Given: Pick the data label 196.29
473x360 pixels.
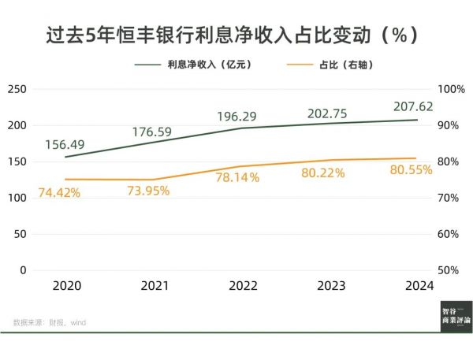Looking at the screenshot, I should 237,116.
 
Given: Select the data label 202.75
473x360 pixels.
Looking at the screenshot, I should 326,112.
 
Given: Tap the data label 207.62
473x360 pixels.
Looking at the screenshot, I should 412,106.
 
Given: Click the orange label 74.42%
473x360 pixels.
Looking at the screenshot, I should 59,193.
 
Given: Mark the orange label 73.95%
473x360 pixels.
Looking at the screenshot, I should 147,191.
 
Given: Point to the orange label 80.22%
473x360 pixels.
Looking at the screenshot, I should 323,173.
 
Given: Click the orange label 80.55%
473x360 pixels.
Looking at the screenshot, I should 411,170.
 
